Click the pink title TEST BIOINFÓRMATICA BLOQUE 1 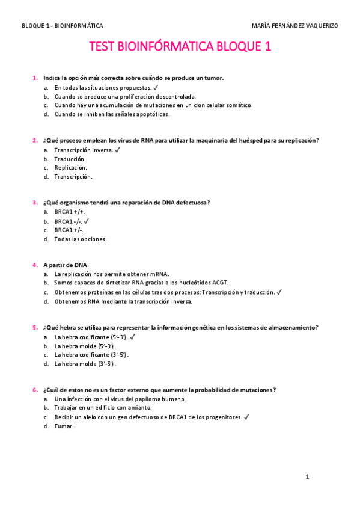[x=180, y=48]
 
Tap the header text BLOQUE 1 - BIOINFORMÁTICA [x=62, y=26]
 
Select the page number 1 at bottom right [x=307, y=477]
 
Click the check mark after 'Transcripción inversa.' [x=118, y=150]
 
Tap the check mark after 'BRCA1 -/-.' [x=87, y=221]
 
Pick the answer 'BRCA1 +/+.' [x=70, y=212]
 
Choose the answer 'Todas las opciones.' [x=80, y=239]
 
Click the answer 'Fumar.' [x=64, y=426]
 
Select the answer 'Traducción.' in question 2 [x=70, y=159]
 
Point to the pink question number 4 [x=35, y=265]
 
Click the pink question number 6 [x=35, y=390]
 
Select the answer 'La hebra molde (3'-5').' [x=85, y=363]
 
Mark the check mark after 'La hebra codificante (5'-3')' [x=133, y=337]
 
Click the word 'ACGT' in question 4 [x=218, y=283]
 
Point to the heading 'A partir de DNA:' [x=66, y=265]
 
